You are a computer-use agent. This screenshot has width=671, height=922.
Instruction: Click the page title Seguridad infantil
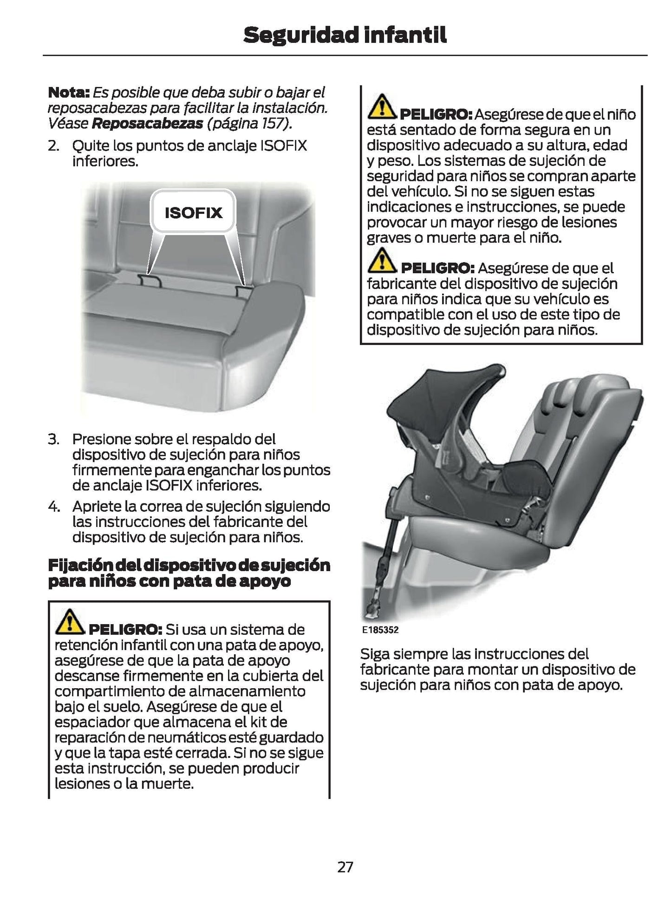point(345,35)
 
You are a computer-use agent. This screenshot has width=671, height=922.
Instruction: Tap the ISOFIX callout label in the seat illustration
point(194,213)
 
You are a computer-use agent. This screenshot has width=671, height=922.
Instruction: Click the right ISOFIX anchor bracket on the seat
point(243,291)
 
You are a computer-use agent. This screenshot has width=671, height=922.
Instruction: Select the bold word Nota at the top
point(68,92)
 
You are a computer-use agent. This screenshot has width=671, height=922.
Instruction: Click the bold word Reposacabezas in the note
point(148,123)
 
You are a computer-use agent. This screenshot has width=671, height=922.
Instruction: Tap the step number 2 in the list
point(53,146)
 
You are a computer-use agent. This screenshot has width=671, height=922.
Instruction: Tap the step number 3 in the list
point(53,439)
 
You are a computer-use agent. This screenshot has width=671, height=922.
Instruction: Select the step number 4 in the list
point(53,506)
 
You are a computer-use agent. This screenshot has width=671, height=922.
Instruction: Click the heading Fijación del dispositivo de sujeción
point(189,566)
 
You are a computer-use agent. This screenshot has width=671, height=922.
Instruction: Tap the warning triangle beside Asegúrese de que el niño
point(381,106)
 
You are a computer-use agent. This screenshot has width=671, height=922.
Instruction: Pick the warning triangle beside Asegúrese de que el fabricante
point(381,261)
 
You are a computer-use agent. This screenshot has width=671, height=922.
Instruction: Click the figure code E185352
point(380,630)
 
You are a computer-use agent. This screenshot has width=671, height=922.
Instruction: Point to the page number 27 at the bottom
point(345,867)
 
